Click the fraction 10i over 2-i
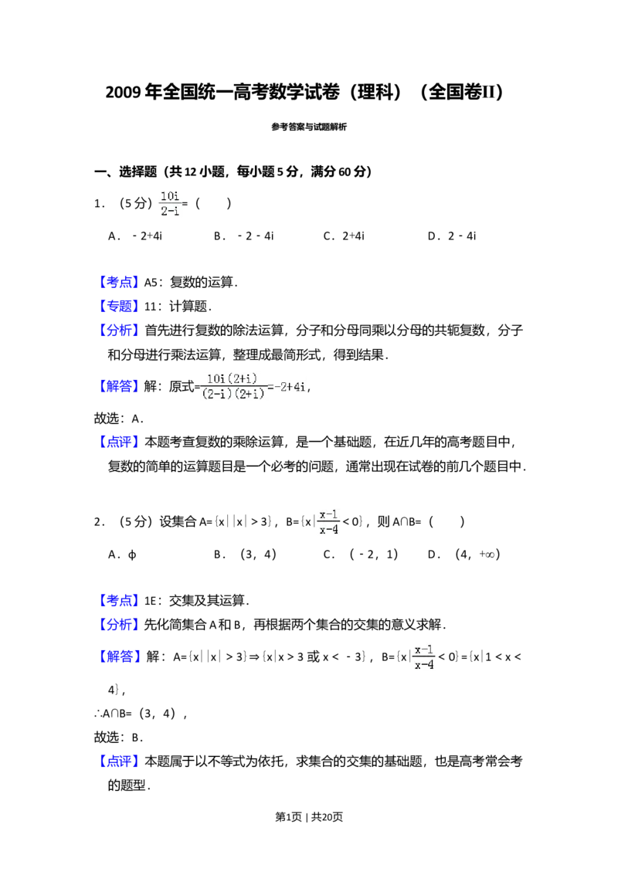coord(170,204)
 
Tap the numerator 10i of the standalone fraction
coord(169,195)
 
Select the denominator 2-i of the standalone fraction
coord(169,212)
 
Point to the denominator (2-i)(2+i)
coord(232,393)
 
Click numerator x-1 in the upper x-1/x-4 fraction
coord(328,514)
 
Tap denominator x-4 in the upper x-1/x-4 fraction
coord(328,530)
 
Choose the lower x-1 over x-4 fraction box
coord(423,656)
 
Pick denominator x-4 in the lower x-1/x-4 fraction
coord(423,664)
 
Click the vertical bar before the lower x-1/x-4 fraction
coord(410,657)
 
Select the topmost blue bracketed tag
coord(120,281)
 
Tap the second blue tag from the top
coord(120,306)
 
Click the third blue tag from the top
coord(120,331)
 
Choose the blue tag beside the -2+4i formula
coord(120,386)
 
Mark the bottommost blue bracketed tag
coord(120,763)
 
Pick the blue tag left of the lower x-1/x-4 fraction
coord(120,657)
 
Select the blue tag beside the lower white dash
coord(120,601)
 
